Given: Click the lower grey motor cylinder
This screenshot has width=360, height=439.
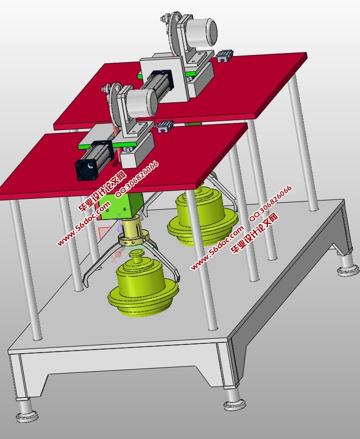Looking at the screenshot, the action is pyautogui.click(x=142, y=102).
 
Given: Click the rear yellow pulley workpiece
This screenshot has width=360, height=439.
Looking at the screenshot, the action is pyautogui.click(x=203, y=215).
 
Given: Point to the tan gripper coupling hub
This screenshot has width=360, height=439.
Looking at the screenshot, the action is pyautogui.click(x=134, y=232).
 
